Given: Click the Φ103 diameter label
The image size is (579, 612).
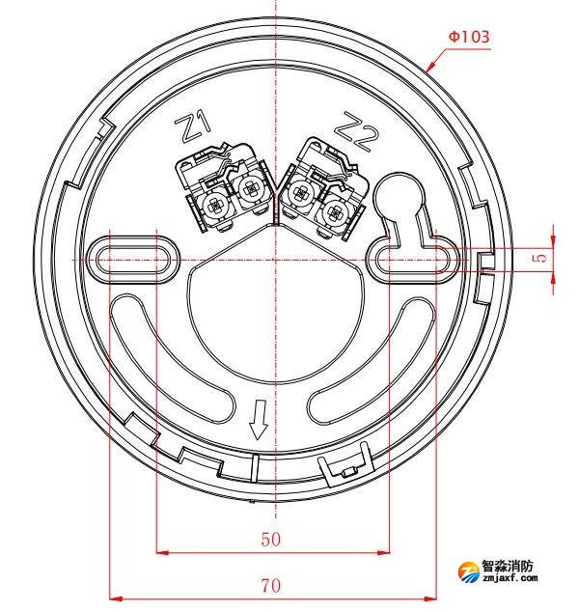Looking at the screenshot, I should point(468,37).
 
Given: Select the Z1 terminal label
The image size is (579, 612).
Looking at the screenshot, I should point(193,125).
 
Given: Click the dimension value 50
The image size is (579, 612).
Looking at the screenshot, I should point(271,539).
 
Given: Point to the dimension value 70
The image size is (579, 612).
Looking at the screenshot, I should point(271,584).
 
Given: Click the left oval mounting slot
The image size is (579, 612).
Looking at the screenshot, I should point(133,257).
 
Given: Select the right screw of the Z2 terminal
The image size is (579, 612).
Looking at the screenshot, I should point(337,204).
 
